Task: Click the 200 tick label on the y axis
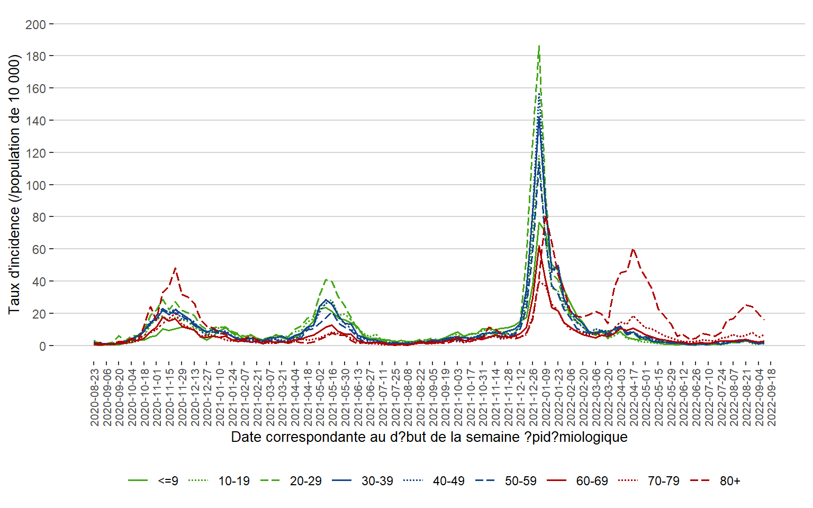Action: coord(35,24)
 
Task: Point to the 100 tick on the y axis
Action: coord(35,185)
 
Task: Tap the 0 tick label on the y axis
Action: coord(42,346)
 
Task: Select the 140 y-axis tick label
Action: coord(35,121)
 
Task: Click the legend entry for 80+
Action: coord(730,481)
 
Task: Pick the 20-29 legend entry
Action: coord(305,481)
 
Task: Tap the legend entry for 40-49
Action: coord(449,481)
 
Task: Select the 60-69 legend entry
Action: coord(592,481)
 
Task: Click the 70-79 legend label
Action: coord(664,481)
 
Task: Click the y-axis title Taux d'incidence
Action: coord(14,184)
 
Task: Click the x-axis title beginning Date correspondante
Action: coord(429,438)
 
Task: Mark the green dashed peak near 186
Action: coord(539,47)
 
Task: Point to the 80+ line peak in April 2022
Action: coord(633,249)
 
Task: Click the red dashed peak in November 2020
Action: coord(175,268)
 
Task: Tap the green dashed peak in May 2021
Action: coord(327,279)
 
